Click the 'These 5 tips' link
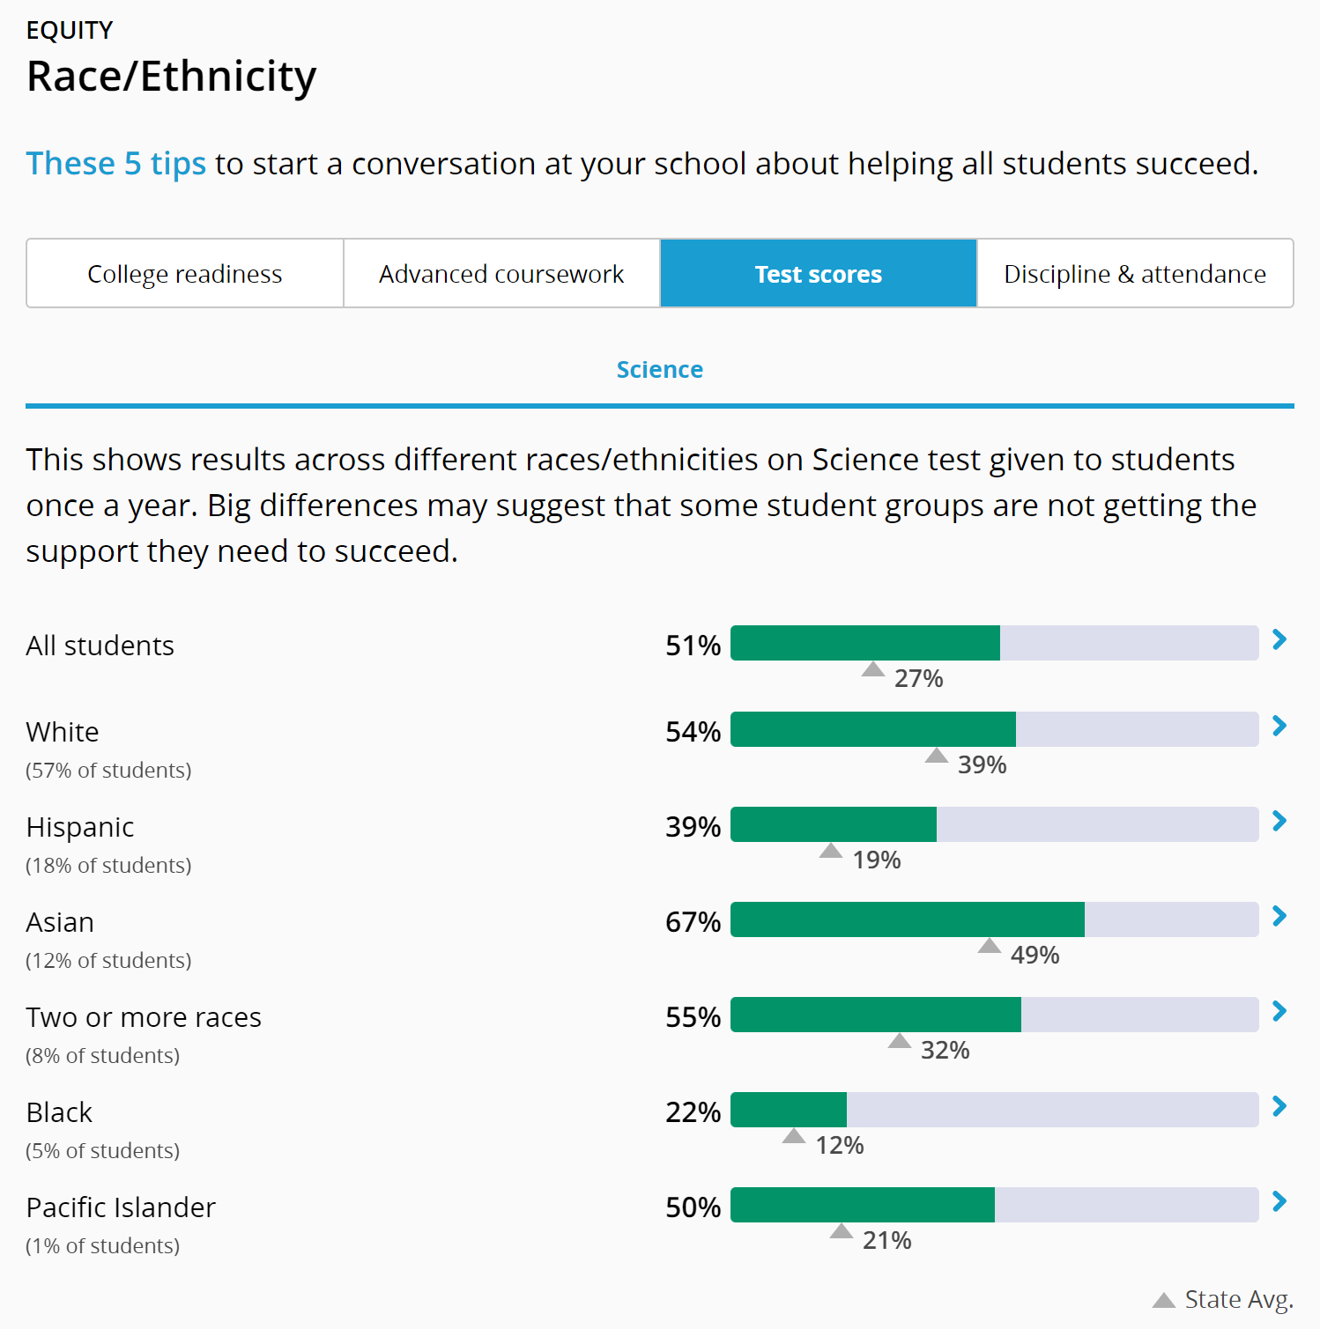click(115, 164)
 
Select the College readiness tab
click(185, 274)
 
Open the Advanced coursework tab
click(501, 274)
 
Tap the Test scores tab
click(818, 274)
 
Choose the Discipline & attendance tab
click(1135, 274)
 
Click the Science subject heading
click(659, 370)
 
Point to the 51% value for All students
click(693, 646)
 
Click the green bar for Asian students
click(908, 919)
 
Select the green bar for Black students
click(789, 1110)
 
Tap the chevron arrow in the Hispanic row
click(1279, 822)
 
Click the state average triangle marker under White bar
click(936, 756)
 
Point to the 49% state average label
click(1034, 955)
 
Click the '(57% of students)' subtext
click(108, 771)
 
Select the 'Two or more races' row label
click(144, 1017)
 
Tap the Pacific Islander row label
click(121, 1207)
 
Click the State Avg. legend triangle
click(1163, 1300)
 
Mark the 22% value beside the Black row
click(693, 1112)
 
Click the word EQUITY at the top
click(70, 31)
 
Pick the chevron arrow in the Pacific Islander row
click(1279, 1202)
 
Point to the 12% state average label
click(839, 1145)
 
